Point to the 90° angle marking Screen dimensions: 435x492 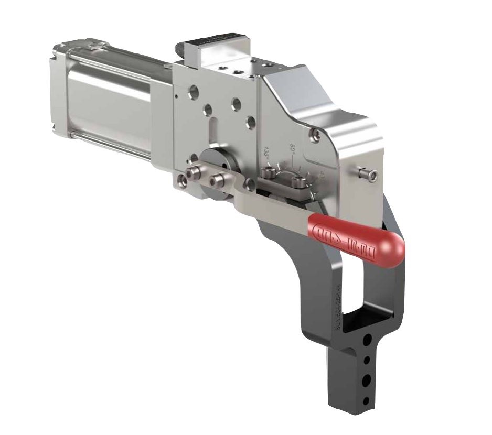[x=294, y=148]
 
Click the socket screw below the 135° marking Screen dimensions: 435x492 [x=270, y=172]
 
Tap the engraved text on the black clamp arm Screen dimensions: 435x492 [x=336, y=309]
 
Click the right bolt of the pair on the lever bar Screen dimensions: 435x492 [x=215, y=181]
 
